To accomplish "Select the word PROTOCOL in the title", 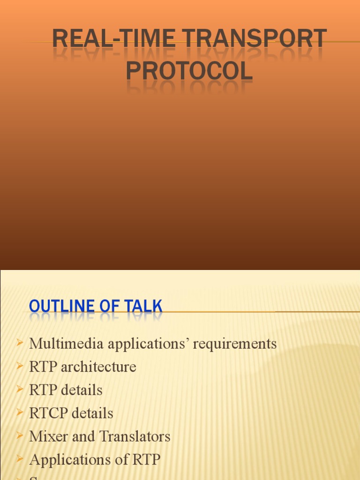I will pos(189,72).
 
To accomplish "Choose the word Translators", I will pos(135,437).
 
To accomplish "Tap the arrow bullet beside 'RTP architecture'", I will pos(19,367).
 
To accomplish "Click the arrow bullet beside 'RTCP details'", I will pos(19,413).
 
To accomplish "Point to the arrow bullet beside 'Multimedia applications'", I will pos(19,344).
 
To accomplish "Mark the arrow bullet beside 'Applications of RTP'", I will pos(19,460).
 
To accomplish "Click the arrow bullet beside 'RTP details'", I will pos(19,390).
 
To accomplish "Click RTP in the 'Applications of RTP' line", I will pos(146,460).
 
